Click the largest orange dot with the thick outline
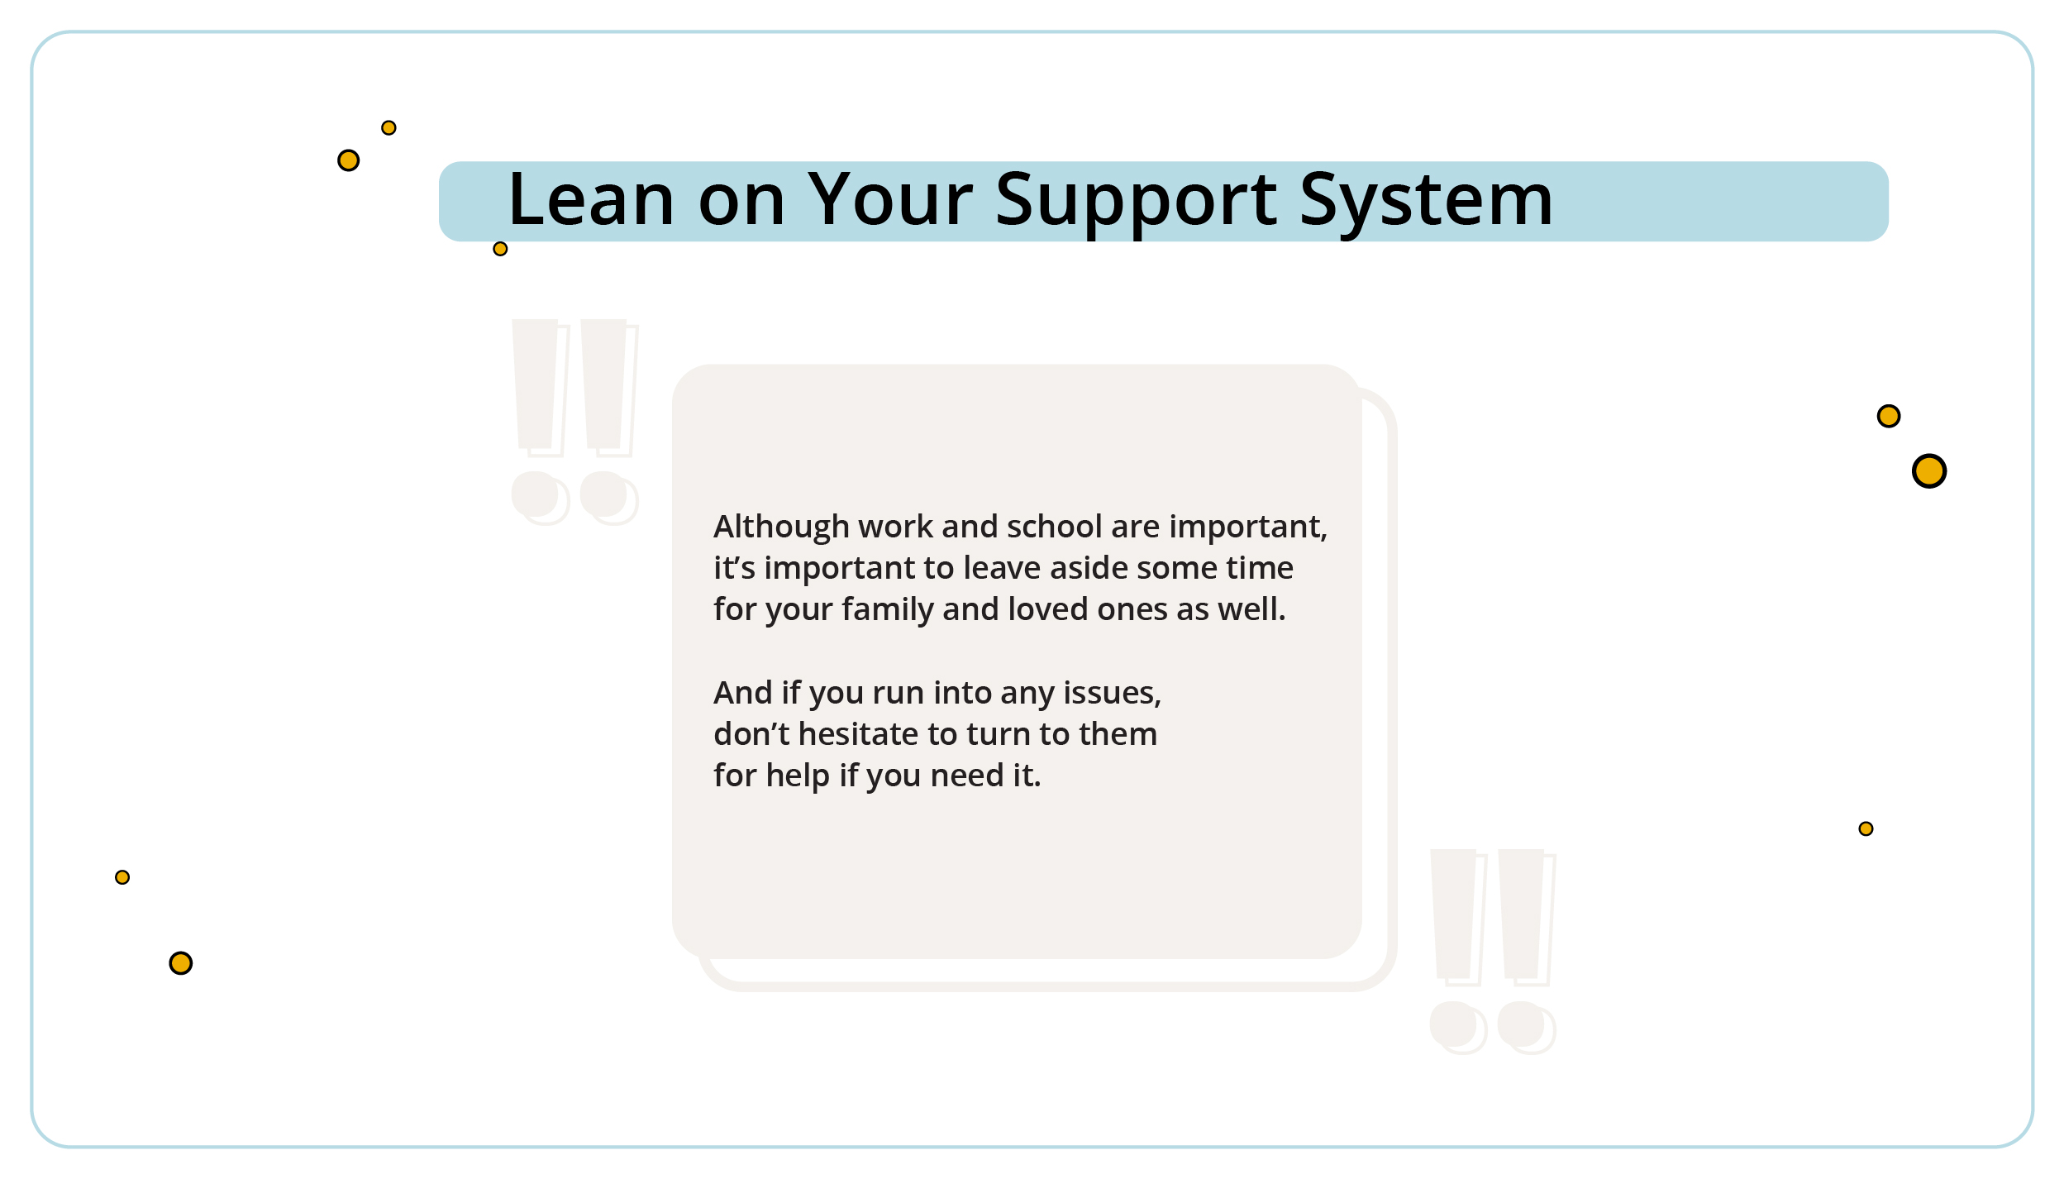(x=1928, y=471)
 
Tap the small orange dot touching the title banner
(x=500, y=249)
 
